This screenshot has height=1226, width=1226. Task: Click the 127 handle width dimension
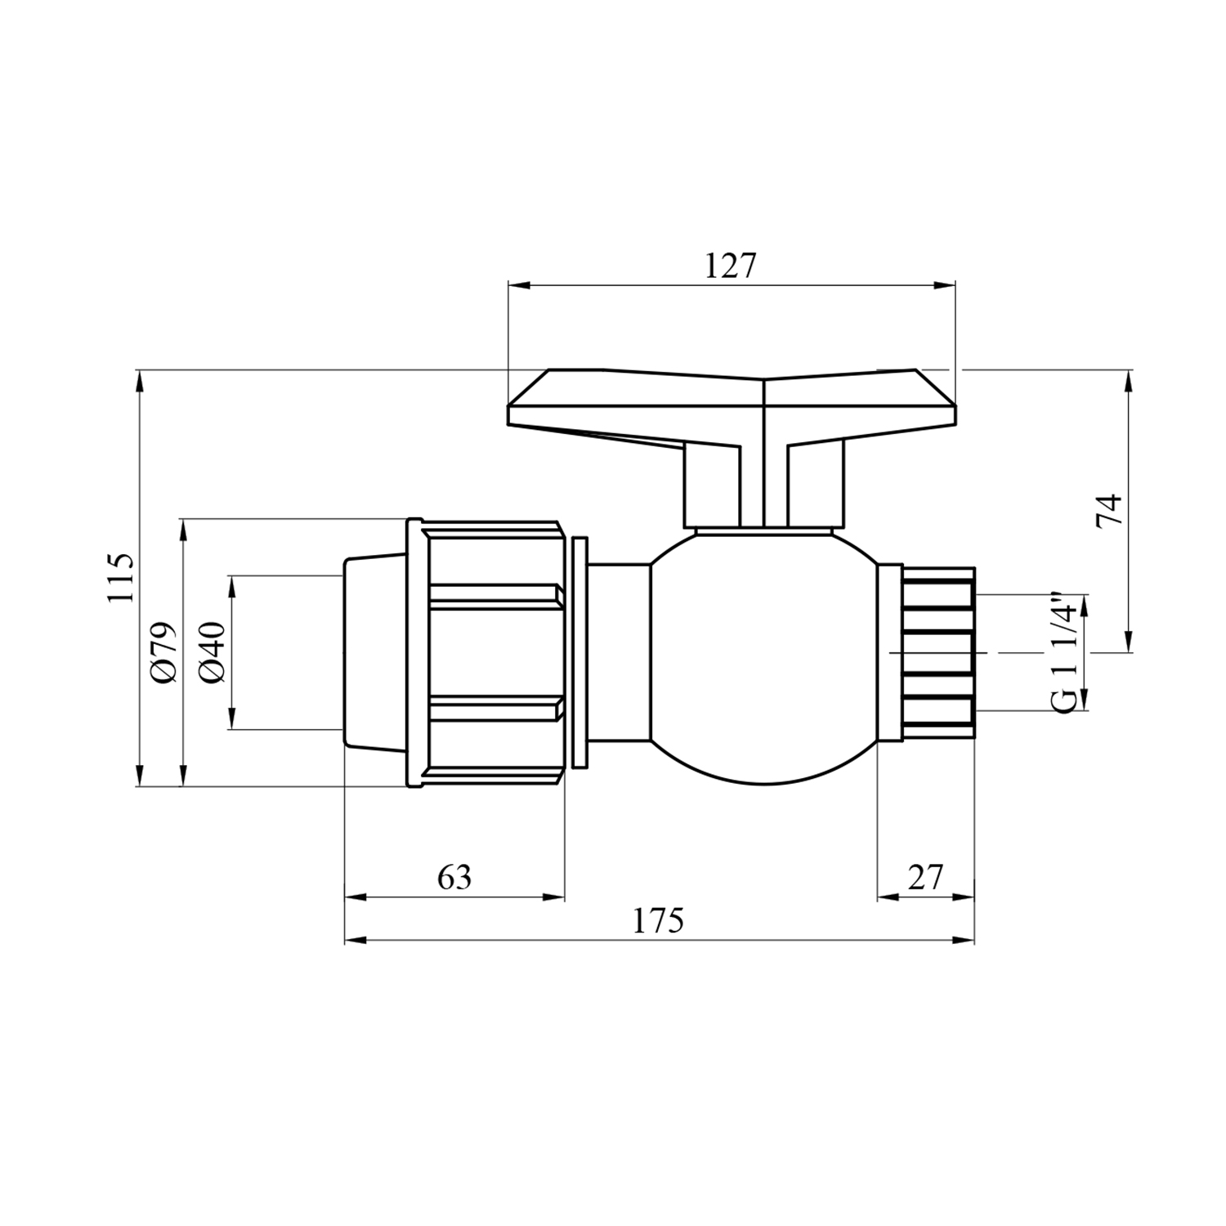tap(731, 266)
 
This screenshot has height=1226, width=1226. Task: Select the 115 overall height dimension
tap(120, 578)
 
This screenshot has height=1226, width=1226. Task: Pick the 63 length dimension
tap(454, 877)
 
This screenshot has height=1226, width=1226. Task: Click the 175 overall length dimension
tap(658, 921)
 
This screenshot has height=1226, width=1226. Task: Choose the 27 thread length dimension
tap(925, 877)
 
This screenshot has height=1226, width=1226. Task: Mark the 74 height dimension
tap(1110, 511)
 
